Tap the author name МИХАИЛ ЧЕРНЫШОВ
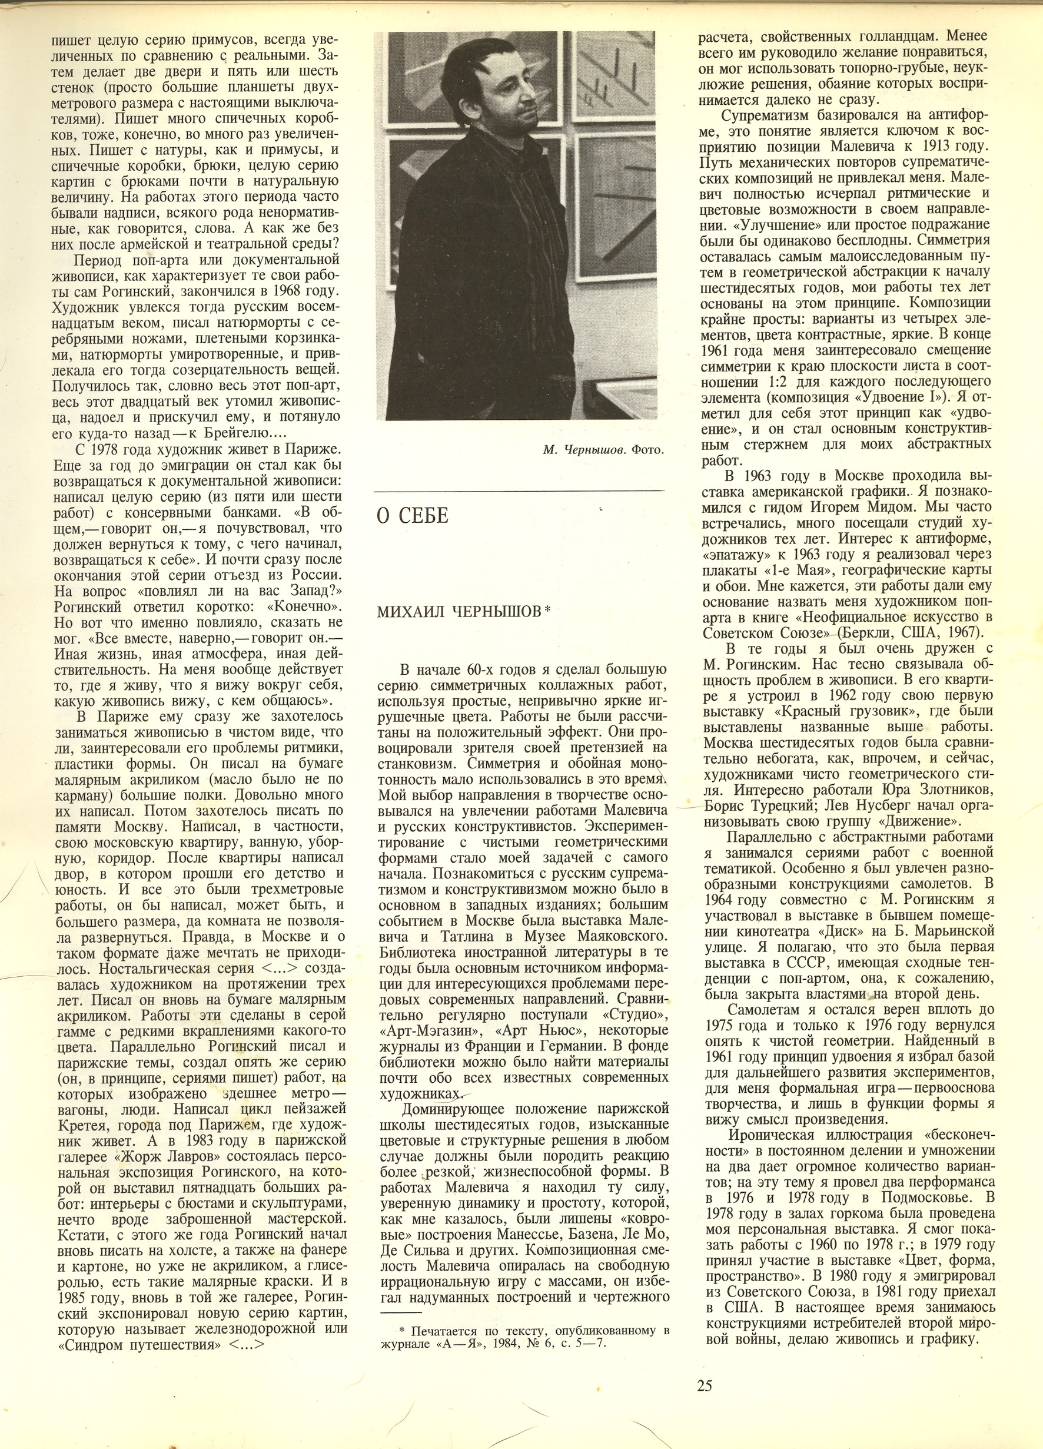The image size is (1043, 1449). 460,611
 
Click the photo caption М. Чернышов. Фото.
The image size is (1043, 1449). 603,450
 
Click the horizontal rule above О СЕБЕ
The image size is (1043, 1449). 519,490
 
